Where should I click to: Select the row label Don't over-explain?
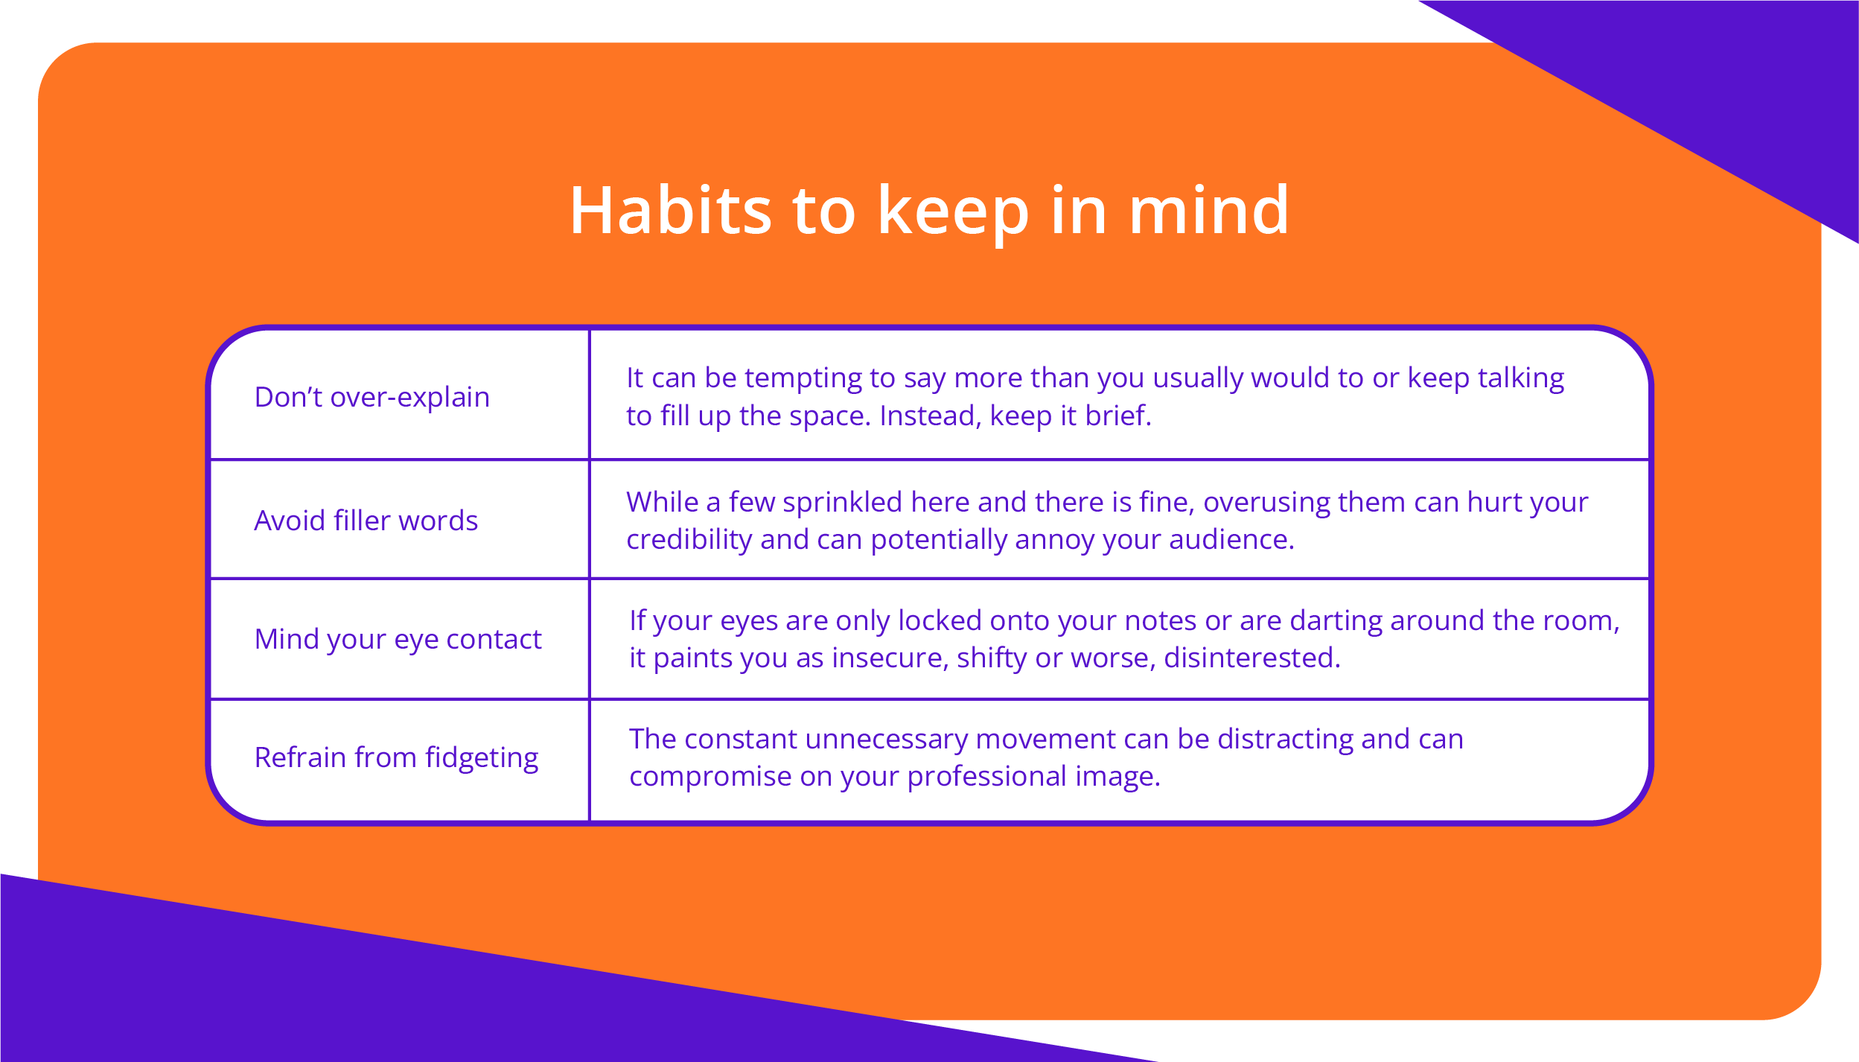tap(372, 397)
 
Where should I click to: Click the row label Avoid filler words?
tap(366, 521)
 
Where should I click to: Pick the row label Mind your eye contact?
tap(398, 640)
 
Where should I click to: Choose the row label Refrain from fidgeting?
tap(397, 758)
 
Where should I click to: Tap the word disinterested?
tap(1252, 658)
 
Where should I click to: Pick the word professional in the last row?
tap(987, 777)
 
